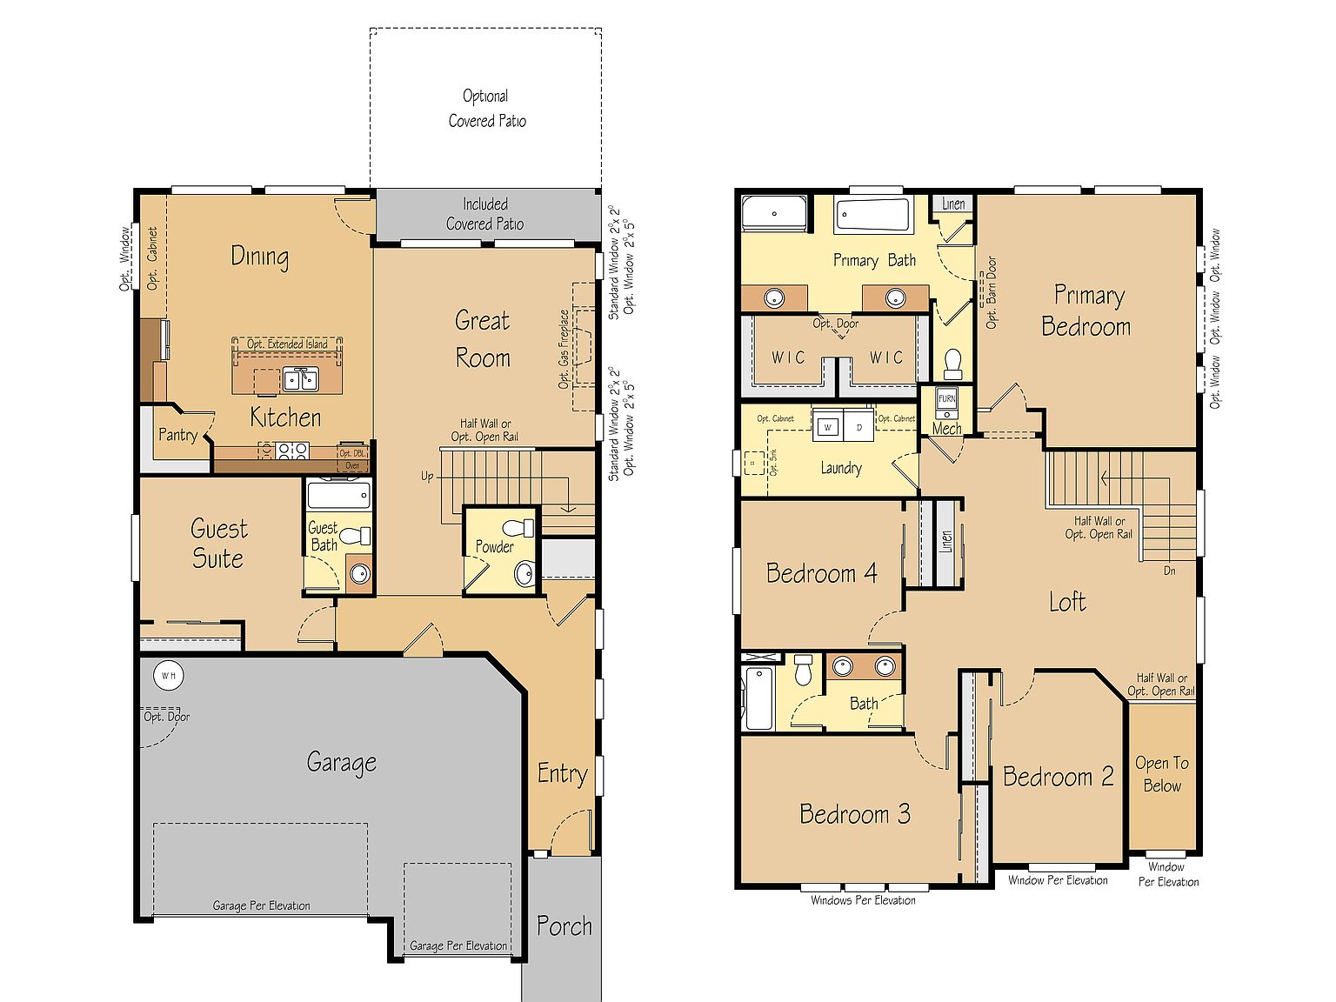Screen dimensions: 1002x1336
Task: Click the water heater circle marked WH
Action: coord(167,675)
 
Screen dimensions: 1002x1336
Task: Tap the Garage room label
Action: coord(341,763)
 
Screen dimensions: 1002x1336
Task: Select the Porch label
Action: coord(564,926)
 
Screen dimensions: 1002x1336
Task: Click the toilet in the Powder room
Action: coord(518,528)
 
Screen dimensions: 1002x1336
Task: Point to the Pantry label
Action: coord(177,435)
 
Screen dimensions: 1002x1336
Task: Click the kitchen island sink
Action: coord(300,379)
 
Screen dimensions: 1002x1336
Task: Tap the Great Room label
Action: coord(483,339)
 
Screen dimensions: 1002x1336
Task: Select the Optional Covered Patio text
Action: coord(486,109)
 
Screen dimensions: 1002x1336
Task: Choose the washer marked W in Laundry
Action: coord(828,427)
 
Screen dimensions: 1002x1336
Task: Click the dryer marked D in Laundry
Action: coord(858,427)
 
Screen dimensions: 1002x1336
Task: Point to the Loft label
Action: coord(1066,602)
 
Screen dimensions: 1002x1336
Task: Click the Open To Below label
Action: coord(1161,774)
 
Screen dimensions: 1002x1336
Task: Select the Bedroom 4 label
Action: coord(821,573)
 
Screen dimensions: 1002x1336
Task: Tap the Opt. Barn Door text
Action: coord(991,292)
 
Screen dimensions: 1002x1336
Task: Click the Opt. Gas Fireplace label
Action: coord(564,349)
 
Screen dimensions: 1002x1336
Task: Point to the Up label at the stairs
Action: coord(427,477)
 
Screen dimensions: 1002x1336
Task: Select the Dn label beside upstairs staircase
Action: coord(1170,571)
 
